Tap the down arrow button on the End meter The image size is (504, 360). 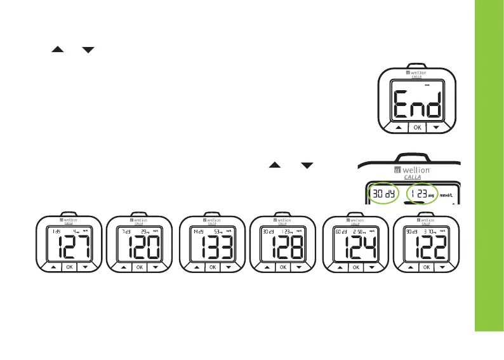click(436, 127)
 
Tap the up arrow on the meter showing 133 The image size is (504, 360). click(196, 267)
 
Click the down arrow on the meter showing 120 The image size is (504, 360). click(157, 267)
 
